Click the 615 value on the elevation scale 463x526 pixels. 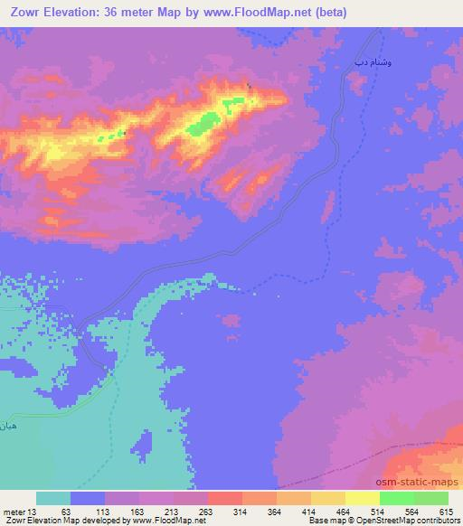point(445,511)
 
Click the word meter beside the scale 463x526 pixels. point(13,511)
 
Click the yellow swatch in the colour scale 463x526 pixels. point(328,498)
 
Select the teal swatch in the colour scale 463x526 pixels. point(53,498)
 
